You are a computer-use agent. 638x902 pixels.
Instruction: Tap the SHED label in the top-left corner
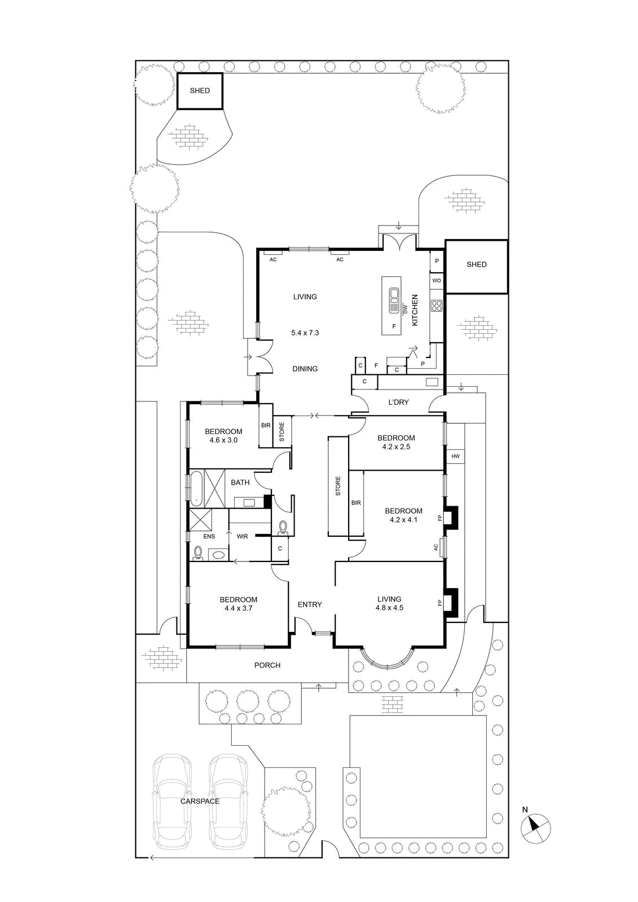click(200, 91)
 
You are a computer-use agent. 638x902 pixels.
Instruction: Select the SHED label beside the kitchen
click(476, 264)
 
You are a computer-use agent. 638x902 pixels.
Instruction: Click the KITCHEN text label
click(415, 310)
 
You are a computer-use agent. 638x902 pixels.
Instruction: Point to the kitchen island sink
click(394, 300)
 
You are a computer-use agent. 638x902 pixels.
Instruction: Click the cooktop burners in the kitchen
click(437, 306)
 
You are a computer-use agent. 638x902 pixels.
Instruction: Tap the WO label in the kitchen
click(437, 281)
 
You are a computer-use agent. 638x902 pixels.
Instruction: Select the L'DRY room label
click(398, 403)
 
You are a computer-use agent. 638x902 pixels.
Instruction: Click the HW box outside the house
click(455, 456)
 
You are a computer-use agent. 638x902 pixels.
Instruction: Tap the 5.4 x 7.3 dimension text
click(305, 333)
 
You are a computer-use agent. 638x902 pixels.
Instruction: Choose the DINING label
click(305, 369)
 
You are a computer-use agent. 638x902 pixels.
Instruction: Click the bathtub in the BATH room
click(196, 488)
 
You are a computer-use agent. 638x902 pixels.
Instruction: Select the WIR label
click(242, 537)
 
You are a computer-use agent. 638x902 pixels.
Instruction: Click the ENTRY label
click(310, 605)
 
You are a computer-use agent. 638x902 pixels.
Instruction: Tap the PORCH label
click(267, 666)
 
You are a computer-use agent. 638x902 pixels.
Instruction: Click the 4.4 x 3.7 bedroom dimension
click(238, 609)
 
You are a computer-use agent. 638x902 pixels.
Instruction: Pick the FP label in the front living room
click(439, 603)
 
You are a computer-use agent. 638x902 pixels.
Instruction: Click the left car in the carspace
click(172, 802)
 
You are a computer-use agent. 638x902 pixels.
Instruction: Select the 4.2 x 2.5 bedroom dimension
click(396, 447)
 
